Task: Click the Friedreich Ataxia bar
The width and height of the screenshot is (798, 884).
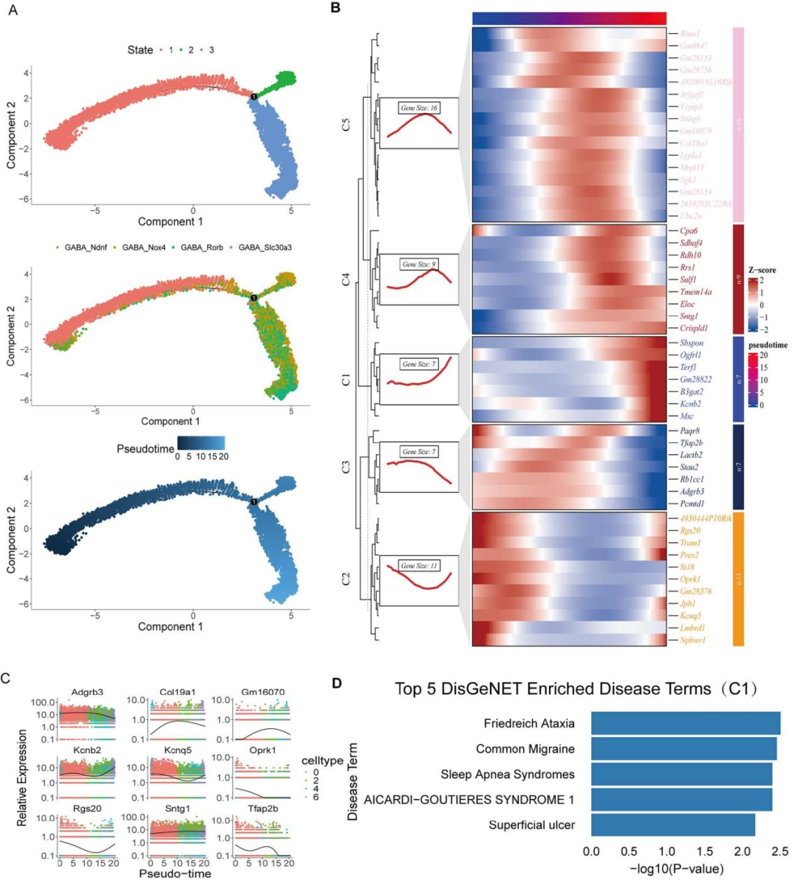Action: click(685, 724)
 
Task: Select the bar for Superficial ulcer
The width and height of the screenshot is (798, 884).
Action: click(672, 825)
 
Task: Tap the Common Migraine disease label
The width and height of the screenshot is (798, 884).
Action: click(525, 749)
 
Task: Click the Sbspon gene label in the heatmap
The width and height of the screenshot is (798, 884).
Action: click(691, 343)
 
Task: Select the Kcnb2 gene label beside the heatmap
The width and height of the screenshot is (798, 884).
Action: click(691, 404)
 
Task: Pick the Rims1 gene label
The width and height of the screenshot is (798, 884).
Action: click(690, 34)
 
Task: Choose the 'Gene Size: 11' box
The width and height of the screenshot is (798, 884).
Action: click(418, 566)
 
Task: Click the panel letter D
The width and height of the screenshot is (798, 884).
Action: click(336, 684)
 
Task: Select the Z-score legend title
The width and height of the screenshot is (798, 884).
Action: click(762, 270)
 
